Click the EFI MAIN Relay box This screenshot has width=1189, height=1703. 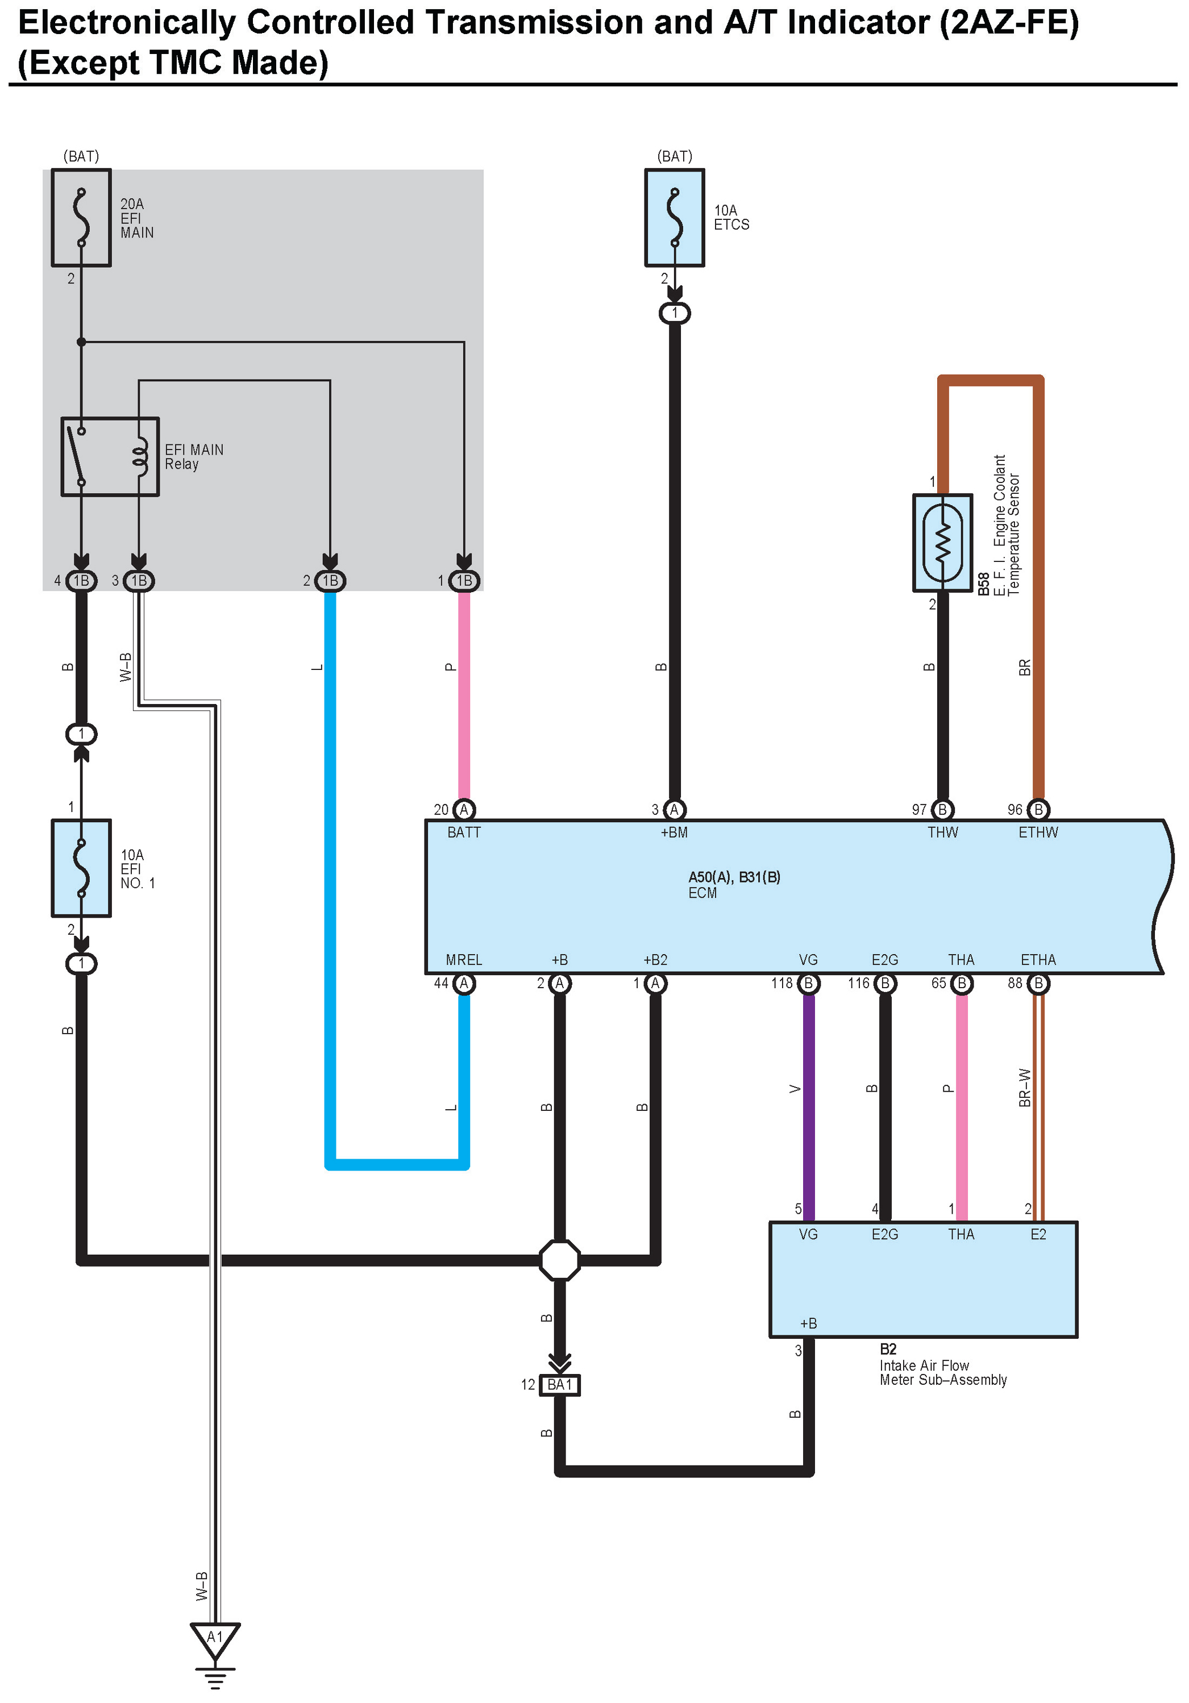[110, 456]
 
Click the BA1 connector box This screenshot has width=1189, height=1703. [559, 1384]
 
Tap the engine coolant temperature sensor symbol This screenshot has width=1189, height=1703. [942, 542]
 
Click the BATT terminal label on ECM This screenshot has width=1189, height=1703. [464, 832]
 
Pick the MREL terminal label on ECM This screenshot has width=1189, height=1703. [464, 960]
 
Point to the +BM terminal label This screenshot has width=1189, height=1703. [674, 832]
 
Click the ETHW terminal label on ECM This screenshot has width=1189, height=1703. [1038, 832]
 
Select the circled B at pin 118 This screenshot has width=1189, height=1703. [809, 984]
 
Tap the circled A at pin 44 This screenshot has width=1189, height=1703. [464, 984]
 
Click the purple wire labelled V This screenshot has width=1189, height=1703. [809, 1105]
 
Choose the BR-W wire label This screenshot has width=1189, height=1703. [1024, 1088]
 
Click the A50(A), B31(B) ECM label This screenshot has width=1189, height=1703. [734, 877]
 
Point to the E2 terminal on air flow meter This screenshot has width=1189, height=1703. [1038, 1234]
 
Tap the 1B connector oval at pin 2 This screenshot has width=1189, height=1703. [330, 581]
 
